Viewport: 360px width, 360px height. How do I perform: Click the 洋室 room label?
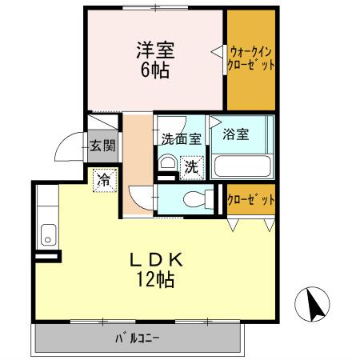pos(155,48)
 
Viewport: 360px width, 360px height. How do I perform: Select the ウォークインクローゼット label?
pos(252,60)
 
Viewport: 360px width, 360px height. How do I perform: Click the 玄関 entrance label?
pos(102,146)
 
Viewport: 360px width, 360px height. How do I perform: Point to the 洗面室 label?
pos(181,138)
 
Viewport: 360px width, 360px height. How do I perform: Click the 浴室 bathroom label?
pos(236,134)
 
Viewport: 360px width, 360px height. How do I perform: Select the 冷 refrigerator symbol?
pos(103,182)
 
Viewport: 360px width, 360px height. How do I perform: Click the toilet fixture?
pos(193,199)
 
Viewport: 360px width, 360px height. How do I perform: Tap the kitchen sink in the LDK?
pos(47,237)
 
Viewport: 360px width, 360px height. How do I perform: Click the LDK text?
pos(158,260)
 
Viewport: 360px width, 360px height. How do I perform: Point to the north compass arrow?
pos(315,304)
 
